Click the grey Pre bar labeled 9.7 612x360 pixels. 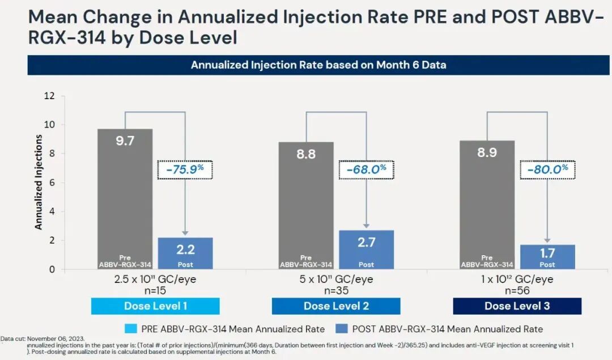(125, 198)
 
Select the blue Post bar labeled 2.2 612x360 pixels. (185, 253)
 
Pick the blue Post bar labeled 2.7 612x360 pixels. (366, 249)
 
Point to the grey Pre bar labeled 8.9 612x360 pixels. (487, 205)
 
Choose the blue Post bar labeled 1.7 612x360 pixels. (547, 257)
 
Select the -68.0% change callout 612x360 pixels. (367, 170)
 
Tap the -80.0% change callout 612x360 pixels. (547, 170)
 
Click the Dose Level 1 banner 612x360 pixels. (155, 306)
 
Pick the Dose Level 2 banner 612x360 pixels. (336, 306)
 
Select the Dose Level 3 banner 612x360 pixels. (517, 306)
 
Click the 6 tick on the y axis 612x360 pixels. (52, 183)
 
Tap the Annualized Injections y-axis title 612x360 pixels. (39, 182)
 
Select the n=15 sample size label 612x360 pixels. (155, 291)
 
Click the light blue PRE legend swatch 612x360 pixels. (130, 329)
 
